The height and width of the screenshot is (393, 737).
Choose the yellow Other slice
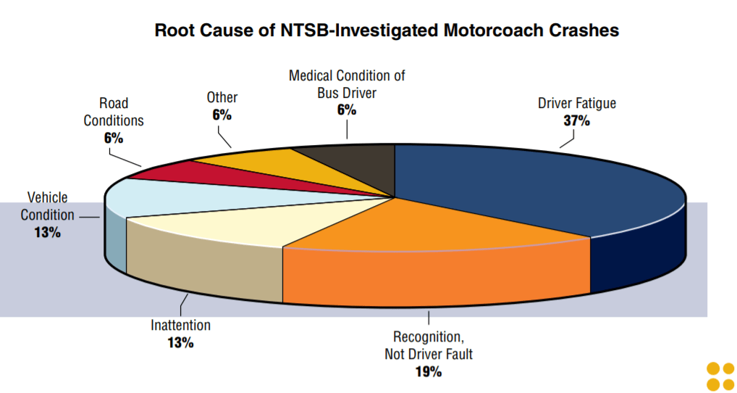pyautogui.click(x=246, y=158)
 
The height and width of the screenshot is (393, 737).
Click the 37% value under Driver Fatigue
pyautogui.click(x=577, y=120)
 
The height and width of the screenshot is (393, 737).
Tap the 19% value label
pyautogui.click(x=429, y=371)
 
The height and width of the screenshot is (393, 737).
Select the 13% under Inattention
pyautogui.click(x=180, y=342)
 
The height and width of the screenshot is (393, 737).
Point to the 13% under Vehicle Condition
pyautogui.click(x=46, y=233)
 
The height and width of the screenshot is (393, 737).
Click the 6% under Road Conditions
pyautogui.click(x=114, y=137)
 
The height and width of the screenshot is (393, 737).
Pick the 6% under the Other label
pyautogui.click(x=222, y=115)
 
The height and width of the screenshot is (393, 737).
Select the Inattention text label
pyautogui.click(x=180, y=325)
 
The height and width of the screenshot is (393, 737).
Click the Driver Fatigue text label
pyautogui.click(x=577, y=103)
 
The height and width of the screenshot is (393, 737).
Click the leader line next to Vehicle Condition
pyautogui.click(x=90, y=216)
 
